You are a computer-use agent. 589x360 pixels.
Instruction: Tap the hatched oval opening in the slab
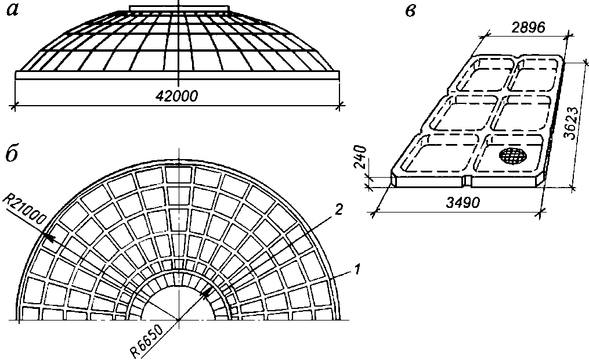(x=514, y=155)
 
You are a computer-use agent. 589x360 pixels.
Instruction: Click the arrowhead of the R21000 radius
(x=51, y=237)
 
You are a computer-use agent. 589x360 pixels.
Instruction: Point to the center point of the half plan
(x=179, y=320)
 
